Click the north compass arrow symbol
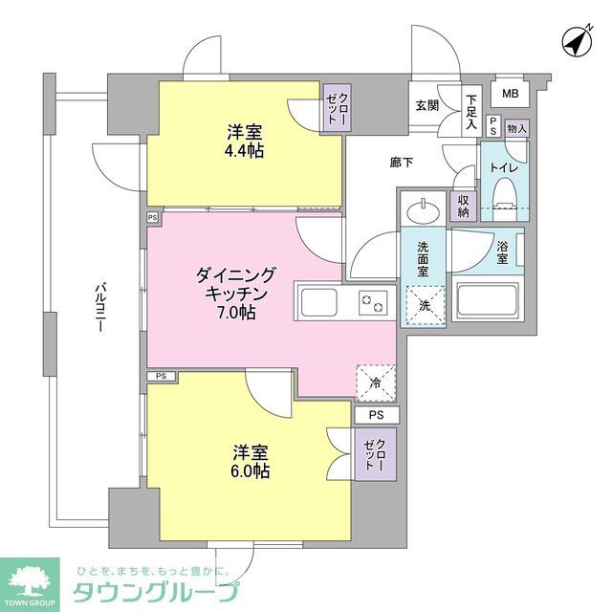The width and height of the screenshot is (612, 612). point(575,41)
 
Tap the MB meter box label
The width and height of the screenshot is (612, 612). point(511,94)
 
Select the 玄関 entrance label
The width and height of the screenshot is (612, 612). point(426,106)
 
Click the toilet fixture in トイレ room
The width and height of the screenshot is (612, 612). point(503,198)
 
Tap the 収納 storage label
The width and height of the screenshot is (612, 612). point(464,205)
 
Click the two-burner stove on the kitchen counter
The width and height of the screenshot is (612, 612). point(371,303)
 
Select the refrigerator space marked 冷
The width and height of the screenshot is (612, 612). point(375,382)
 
